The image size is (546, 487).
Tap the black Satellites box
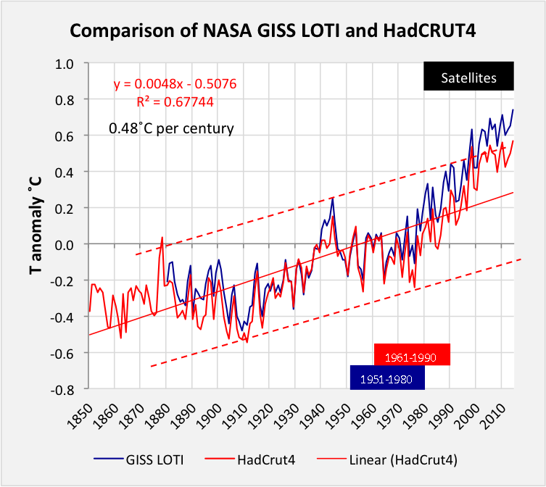(x=469, y=78)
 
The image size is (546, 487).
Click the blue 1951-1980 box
(x=386, y=378)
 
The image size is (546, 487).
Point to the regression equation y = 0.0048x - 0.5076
(x=175, y=84)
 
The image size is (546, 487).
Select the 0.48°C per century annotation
(x=171, y=129)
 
